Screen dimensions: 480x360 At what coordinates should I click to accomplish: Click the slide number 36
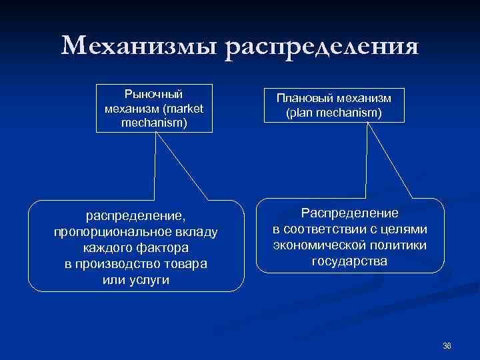coord(447,345)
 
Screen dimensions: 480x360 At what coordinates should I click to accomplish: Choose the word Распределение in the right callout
coord(350,213)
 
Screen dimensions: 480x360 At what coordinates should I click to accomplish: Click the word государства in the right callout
coord(349,261)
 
